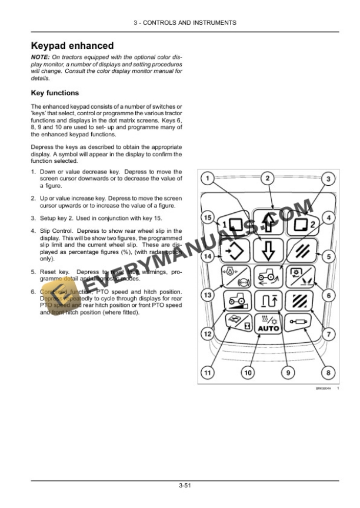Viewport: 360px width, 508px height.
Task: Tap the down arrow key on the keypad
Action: click(268, 250)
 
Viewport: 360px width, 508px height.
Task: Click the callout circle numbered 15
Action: click(206, 218)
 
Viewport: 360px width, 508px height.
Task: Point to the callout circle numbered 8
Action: click(328, 372)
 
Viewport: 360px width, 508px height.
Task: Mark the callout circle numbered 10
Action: click(248, 372)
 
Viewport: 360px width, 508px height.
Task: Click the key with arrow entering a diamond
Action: click(234, 251)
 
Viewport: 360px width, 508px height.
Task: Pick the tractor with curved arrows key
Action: click(268, 276)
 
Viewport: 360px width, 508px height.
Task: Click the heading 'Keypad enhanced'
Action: click(72, 46)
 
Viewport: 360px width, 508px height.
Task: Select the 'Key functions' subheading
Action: click(54, 93)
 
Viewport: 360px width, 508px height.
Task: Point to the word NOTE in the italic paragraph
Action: click(41, 56)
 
